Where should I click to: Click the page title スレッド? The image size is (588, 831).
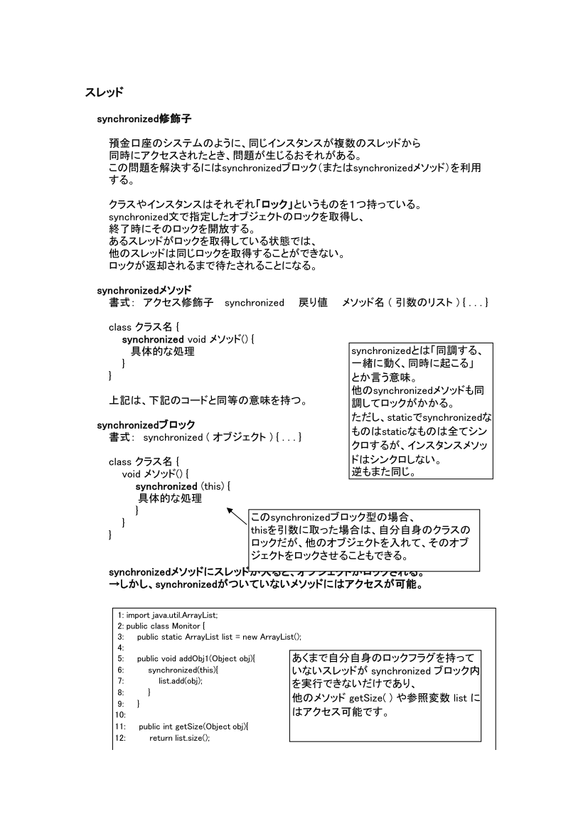(x=105, y=92)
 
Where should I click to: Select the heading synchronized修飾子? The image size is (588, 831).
(x=144, y=118)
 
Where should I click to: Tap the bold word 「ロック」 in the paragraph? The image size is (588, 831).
(x=277, y=205)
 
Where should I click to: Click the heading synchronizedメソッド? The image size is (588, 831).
(x=144, y=291)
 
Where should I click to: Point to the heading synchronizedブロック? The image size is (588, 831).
(x=146, y=425)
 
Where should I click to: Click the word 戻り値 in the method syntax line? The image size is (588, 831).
(x=313, y=303)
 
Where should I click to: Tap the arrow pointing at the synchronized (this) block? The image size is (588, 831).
(x=237, y=517)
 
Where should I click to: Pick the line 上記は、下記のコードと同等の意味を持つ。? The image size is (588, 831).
(x=208, y=400)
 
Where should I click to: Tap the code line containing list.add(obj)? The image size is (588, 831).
(x=180, y=680)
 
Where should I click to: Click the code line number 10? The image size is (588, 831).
(x=120, y=714)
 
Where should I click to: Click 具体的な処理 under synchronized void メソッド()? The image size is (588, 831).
(x=162, y=351)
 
